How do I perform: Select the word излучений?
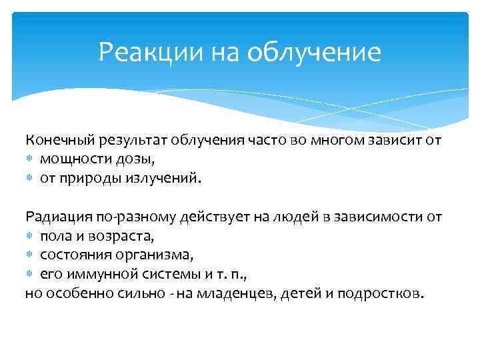[x=161, y=178]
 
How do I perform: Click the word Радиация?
[x=55, y=217]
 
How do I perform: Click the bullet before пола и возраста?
[x=30, y=236]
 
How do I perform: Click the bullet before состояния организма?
[x=30, y=255]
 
